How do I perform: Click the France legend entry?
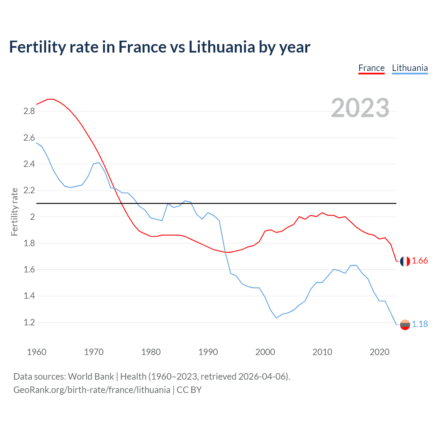pos(371,68)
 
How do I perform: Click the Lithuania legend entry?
pos(410,68)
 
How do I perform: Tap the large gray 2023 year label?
pos(360,108)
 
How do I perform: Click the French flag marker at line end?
pos(405,261)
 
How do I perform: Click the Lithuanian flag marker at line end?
pos(405,325)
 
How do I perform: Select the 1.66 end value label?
pos(420,261)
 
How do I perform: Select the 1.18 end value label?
pos(420,324)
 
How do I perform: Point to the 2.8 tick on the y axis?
pos(29,111)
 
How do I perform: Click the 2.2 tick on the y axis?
pos(29,191)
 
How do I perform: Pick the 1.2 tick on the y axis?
pos(29,322)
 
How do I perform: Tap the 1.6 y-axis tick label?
pos(29,270)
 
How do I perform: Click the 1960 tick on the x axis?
pos(37,352)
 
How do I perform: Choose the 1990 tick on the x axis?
pos(208,352)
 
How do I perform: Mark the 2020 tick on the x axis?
pos(379,352)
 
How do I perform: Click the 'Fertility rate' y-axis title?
pos(14,212)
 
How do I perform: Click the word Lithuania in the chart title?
pos(222,47)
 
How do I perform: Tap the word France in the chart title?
pos(142,47)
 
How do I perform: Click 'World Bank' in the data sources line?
pos(91,377)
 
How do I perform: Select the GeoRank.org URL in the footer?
pos(91,390)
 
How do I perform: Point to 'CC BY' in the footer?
pos(189,390)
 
